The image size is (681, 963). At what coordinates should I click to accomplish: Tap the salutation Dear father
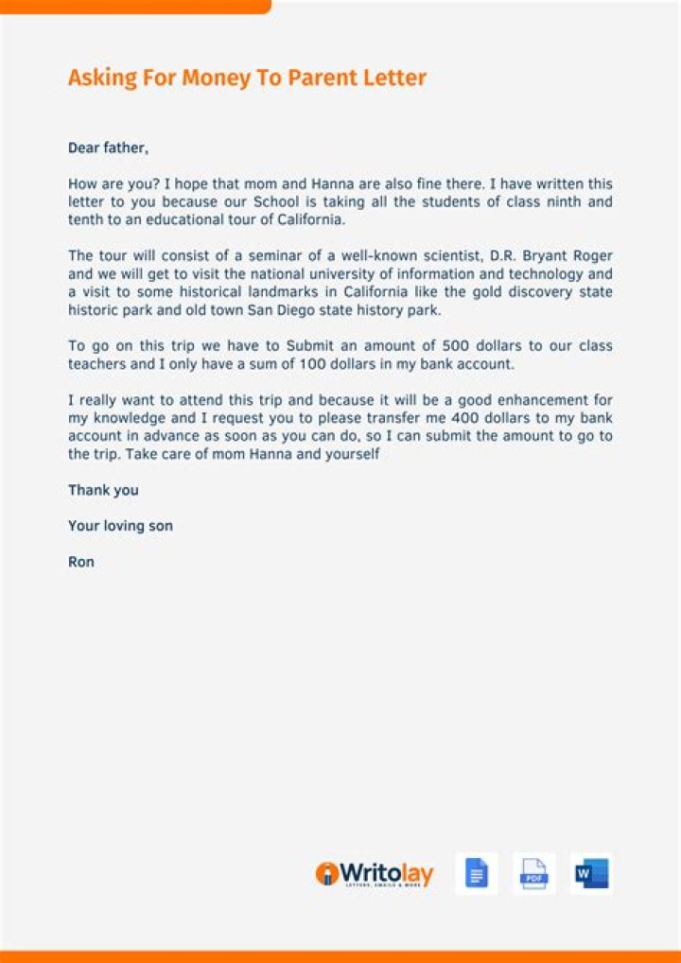[x=108, y=148]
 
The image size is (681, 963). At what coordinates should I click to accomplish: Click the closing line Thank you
[x=103, y=490]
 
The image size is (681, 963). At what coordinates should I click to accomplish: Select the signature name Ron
[x=81, y=562]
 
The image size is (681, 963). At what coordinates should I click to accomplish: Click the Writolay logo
[x=375, y=874]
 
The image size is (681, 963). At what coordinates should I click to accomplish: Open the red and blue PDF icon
[x=533, y=874]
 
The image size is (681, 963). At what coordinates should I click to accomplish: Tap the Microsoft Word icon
[x=590, y=874]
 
